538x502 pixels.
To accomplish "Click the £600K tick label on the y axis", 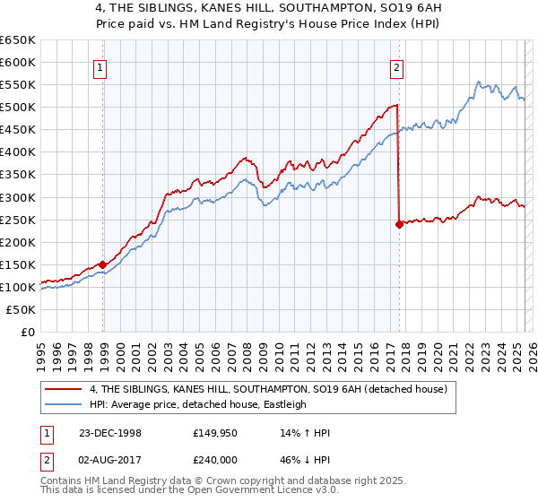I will click(x=18, y=63).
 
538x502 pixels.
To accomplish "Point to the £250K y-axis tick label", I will click(x=18, y=220).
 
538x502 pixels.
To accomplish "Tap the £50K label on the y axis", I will click(x=22, y=309).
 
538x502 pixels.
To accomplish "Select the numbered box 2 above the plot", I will click(x=396, y=65).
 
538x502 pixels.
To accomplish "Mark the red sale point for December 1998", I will click(x=103, y=264).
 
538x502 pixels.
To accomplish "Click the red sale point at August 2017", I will click(x=399, y=224).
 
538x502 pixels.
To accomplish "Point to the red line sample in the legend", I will click(x=65, y=389).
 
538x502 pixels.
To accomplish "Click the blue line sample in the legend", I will click(x=65, y=404).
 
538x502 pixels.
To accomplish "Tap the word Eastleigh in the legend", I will click(x=282, y=404).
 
